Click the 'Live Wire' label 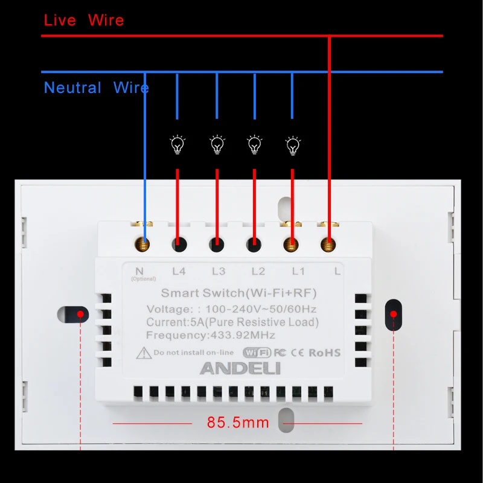pyautogui.click(x=84, y=20)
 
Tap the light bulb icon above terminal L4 pyautogui.click(x=177, y=144)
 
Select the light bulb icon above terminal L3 pyautogui.click(x=217, y=144)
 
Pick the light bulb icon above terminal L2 pyautogui.click(x=255, y=144)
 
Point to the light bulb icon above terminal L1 pyautogui.click(x=292, y=144)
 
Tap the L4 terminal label pyautogui.click(x=179, y=271)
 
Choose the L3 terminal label pyautogui.click(x=219, y=271)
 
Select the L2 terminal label pyautogui.click(x=258, y=271)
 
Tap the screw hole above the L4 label pyautogui.click(x=179, y=245)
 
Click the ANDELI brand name pyautogui.click(x=240, y=368)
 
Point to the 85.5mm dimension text pyautogui.click(x=238, y=423)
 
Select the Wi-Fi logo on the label pyautogui.click(x=257, y=353)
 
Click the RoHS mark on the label pyautogui.click(x=325, y=353)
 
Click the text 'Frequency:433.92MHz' pyautogui.click(x=211, y=336)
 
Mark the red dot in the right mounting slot pyautogui.click(x=394, y=314)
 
